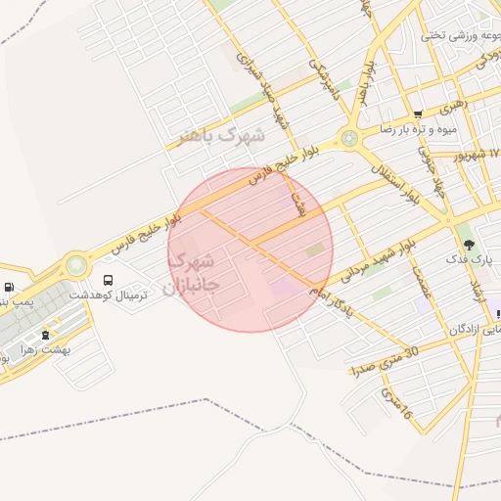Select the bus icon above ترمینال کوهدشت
coord(109,281)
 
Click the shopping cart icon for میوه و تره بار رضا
coord(419,114)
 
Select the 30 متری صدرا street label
coord(384,360)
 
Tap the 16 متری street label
coord(396,406)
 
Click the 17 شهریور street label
coord(477,155)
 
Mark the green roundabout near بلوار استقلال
coord(349,139)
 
